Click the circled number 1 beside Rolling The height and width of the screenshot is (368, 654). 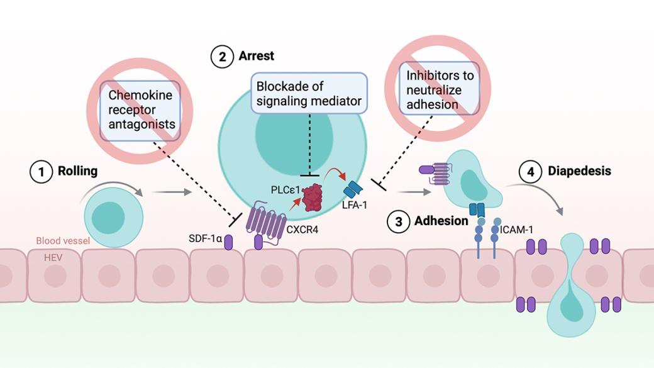(x=41, y=172)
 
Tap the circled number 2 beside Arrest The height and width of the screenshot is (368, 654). (x=221, y=57)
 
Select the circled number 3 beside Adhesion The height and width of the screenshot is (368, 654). (x=397, y=221)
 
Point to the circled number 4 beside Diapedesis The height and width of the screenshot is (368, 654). (x=531, y=172)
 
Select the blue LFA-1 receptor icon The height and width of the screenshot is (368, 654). (x=353, y=189)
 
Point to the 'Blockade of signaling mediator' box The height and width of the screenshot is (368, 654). (x=309, y=92)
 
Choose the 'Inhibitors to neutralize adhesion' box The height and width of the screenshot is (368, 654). (x=440, y=89)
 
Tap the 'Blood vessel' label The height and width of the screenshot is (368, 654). (x=63, y=241)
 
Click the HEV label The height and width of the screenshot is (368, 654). (x=52, y=257)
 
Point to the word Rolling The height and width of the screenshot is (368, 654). (x=78, y=171)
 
